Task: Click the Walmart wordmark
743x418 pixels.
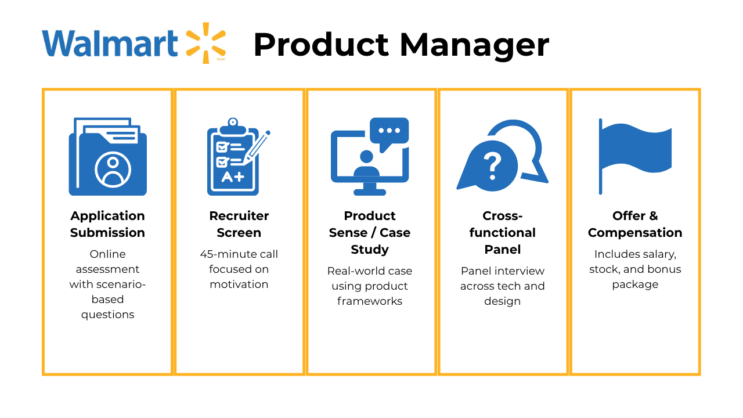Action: click(110, 44)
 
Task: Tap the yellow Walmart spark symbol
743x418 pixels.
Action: click(205, 42)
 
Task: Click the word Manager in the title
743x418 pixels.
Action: click(474, 45)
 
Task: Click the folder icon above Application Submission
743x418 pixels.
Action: click(108, 157)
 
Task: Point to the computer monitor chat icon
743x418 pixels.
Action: click(370, 157)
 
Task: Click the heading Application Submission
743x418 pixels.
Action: click(108, 224)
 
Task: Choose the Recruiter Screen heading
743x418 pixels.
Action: click(239, 224)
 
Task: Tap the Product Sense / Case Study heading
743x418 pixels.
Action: click(370, 232)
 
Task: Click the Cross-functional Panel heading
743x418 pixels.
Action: click(503, 232)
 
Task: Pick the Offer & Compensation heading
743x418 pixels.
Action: click(635, 224)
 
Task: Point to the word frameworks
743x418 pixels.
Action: click(370, 301)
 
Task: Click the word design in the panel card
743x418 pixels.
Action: click(503, 301)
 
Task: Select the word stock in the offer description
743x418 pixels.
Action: click(604, 269)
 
